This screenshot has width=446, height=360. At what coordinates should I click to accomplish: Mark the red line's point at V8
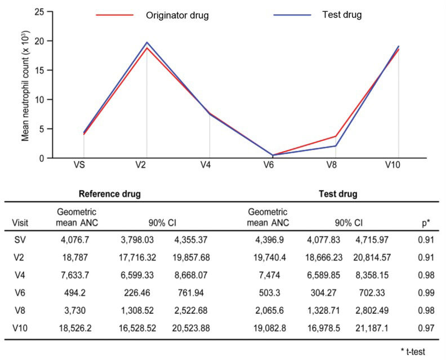click(336, 136)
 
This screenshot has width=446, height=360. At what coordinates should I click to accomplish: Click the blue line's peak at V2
click(146, 42)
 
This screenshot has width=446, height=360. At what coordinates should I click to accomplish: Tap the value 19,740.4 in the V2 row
click(268, 257)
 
